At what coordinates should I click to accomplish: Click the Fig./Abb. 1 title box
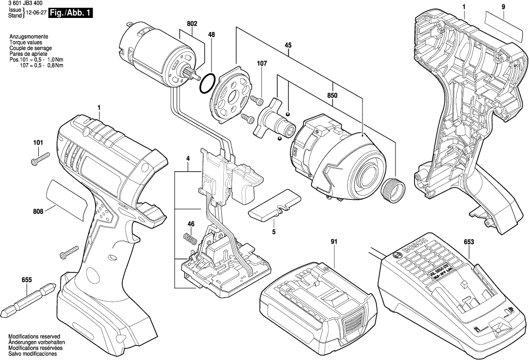70,13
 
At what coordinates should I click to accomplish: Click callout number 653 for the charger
468,242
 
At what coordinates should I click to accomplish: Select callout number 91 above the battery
333,242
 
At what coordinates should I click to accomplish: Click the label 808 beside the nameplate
38,211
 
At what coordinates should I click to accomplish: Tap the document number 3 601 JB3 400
24,3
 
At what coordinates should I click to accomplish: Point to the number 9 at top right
503,7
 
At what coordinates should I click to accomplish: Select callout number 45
288,46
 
